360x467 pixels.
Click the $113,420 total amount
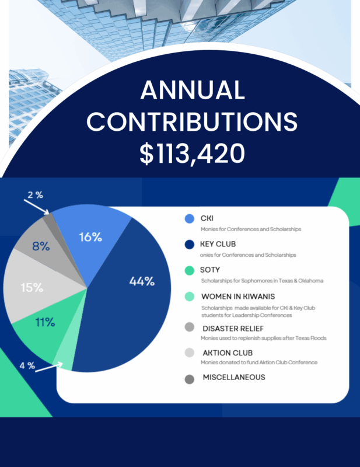click(x=191, y=152)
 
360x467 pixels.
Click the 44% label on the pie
click(x=142, y=281)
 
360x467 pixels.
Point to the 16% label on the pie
click(x=90, y=237)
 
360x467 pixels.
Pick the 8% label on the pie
click(x=40, y=246)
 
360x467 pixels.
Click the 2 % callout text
click(x=35, y=195)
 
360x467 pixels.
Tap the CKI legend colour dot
click(x=189, y=219)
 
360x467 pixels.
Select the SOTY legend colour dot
click(x=189, y=270)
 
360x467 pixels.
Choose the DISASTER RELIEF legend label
click(x=233, y=328)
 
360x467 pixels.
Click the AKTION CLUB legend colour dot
click(x=189, y=352)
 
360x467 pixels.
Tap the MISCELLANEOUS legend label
click(x=234, y=377)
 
